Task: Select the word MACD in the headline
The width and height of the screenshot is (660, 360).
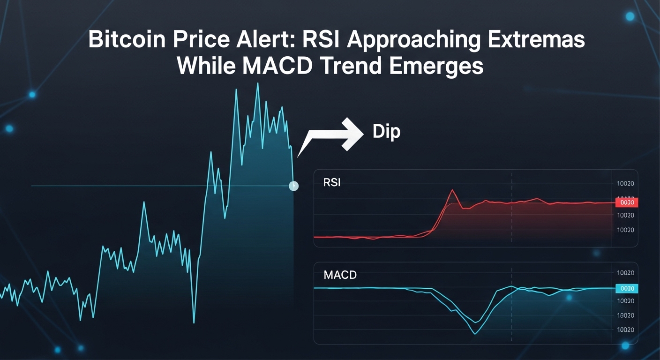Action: [x=277, y=67]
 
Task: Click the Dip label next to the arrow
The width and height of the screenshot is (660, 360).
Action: [x=386, y=132]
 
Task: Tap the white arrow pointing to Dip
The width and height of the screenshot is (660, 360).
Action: [x=333, y=136]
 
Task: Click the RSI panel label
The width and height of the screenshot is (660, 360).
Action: [x=332, y=182]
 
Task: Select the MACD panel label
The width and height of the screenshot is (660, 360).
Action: [x=340, y=275]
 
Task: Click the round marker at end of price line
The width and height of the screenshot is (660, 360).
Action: [x=293, y=186]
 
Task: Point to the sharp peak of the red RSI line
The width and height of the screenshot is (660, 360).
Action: [x=452, y=190]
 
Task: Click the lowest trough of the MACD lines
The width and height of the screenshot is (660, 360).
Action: [x=475, y=333]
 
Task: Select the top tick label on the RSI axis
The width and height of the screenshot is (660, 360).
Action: [x=626, y=184]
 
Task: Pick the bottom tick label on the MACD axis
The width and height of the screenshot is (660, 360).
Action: [x=626, y=330]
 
